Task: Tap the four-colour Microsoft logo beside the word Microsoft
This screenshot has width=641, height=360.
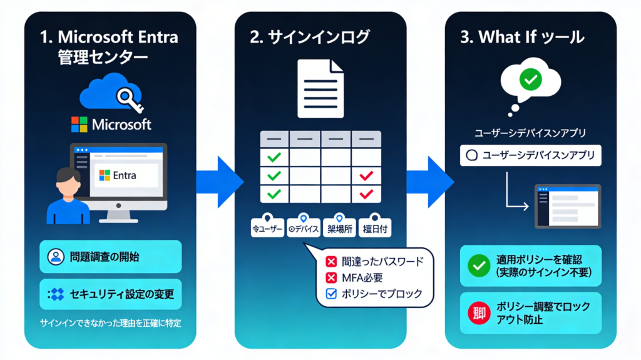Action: coord(79,124)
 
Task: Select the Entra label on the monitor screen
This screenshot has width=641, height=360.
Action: coord(125,176)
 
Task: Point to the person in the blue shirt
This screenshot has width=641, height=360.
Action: coord(68,194)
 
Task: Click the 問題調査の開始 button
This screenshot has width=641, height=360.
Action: coord(110,257)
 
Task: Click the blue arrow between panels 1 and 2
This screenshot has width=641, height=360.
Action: coord(218,182)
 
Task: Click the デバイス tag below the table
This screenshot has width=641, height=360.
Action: coord(304,229)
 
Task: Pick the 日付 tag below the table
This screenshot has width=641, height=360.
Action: coord(376,229)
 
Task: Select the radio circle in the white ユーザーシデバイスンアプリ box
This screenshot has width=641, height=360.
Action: coord(471,155)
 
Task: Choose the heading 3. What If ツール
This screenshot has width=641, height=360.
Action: coord(522,37)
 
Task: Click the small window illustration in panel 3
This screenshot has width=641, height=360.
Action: coord(567,206)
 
